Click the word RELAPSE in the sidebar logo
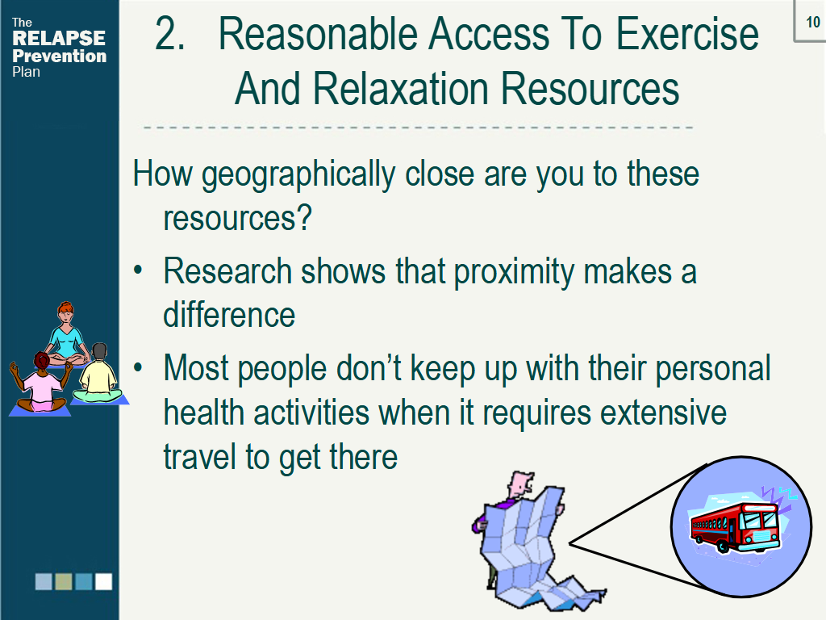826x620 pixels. tap(59, 38)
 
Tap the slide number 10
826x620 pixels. tap(813, 22)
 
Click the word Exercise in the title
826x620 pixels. tap(687, 34)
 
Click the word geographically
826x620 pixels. tap(298, 175)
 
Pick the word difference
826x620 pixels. tap(229, 316)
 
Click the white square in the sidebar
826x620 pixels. tap(103, 581)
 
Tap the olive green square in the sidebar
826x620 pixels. tap(63, 581)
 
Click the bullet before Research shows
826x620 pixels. tap(138, 270)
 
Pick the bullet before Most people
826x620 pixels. tap(138, 367)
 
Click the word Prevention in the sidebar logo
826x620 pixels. tap(59, 56)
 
